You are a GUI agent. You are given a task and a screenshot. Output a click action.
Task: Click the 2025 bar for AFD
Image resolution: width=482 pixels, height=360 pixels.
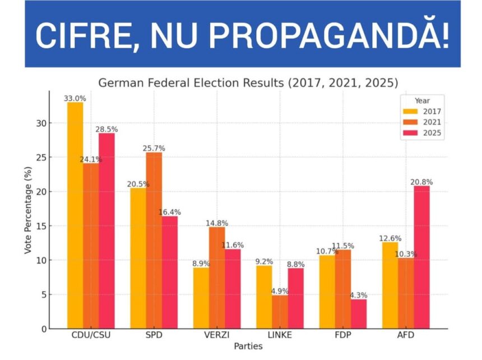[421, 257]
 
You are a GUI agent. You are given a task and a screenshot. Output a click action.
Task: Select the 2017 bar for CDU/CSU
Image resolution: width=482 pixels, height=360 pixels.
[75, 215]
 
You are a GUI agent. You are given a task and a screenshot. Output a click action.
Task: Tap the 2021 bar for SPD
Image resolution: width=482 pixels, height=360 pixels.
[154, 241]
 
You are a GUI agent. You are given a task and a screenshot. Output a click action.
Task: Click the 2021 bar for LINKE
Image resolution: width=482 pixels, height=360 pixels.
[280, 312]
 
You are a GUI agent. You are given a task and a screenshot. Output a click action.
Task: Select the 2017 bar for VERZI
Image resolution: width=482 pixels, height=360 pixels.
[201, 298]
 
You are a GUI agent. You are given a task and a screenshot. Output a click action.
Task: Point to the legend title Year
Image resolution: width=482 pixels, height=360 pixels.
[422, 101]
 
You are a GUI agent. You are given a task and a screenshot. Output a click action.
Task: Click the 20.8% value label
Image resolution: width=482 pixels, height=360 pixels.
[421, 182]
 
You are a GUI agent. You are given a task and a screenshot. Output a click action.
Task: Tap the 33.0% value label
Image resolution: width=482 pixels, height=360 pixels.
[75, 98]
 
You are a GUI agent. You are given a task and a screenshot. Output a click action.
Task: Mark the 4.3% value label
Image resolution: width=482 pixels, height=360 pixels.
[359, 295]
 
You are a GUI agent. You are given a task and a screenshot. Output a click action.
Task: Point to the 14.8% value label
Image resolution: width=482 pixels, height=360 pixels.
[217, 223]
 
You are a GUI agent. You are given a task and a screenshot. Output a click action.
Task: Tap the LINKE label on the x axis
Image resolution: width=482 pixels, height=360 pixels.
[280, 335]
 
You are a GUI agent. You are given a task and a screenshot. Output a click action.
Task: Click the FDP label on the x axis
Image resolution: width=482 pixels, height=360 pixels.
[343, 335]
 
